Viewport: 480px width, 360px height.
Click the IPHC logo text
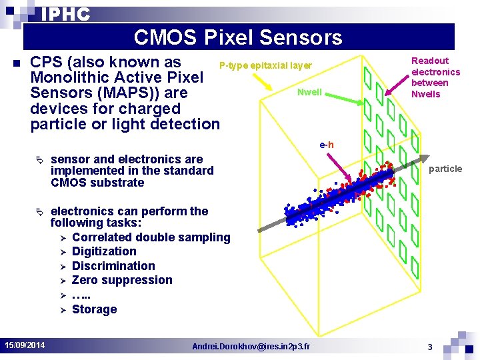[65, 14]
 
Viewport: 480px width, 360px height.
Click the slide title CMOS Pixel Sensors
[238, 37]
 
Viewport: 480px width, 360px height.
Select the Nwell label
[309, 92]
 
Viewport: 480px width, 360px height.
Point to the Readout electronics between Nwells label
[435, 77]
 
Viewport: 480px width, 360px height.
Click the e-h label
[327, 145]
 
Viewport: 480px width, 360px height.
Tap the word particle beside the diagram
[445, 169]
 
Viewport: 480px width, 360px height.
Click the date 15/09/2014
[25, 345]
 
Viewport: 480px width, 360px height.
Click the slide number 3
[430, 346]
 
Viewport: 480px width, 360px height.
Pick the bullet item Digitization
[104, 251]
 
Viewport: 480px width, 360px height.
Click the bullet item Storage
[94, 309]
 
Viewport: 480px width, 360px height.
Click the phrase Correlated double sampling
[151, 237]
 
